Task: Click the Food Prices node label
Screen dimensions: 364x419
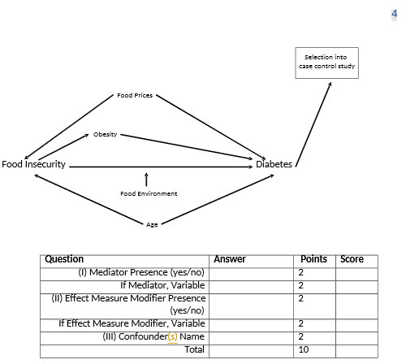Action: (x=135, y=96)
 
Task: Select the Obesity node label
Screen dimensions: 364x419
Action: (x=105, y=134)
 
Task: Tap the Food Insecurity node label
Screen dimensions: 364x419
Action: (x=33, y=164)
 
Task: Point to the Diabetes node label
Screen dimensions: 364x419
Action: (x=274, y=164)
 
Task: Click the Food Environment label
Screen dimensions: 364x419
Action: (x=149, y=193)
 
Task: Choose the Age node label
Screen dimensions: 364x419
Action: (x=152, y=224)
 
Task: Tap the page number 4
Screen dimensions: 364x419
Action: (x=395, y=14)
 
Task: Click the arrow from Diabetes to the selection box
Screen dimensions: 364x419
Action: (x=314, y=122)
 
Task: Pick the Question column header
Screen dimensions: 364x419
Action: (x=64, y=259)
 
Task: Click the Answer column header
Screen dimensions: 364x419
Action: (x=230, y=259)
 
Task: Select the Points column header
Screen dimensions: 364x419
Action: (x=313, y=259)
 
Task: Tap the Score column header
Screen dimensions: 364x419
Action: (x=352, y=259)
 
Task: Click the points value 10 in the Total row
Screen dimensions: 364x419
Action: (x=303, y=350)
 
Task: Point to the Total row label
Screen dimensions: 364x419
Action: (x=194, y=350)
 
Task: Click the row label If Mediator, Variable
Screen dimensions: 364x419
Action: (x=162, y=285)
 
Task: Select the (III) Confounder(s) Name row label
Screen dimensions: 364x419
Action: (x=153, y=337)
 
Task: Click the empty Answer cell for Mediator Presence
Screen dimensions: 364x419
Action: (x=252, y=272)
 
